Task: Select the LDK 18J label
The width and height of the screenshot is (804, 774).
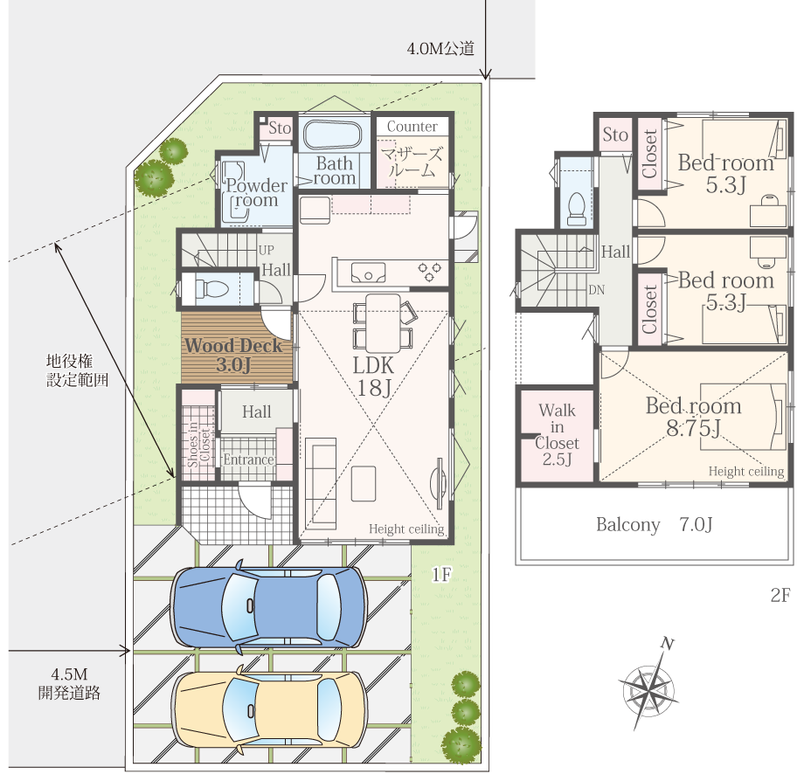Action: pos(374,377)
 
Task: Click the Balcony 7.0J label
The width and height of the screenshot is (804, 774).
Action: pos(655,525)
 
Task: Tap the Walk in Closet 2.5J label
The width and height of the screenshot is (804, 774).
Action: pos(557,435)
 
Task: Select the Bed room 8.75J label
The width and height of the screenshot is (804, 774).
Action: pos(692,417)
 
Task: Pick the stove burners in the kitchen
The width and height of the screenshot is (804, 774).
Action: pos(430,273)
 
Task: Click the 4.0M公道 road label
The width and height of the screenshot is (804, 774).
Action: pos(440,49)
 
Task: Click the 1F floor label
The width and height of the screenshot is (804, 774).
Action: pos(441,574)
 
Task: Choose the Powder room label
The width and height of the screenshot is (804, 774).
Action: pos(256,193)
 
